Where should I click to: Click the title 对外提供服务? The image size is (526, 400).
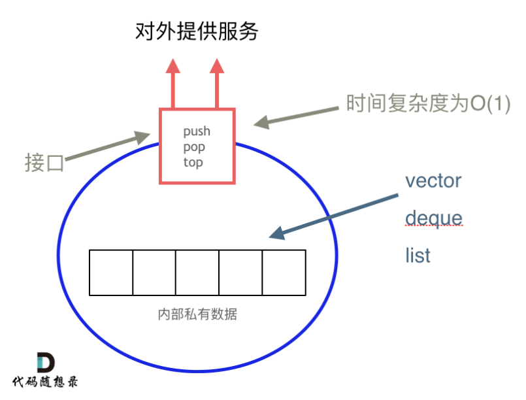click(x=197, y=31)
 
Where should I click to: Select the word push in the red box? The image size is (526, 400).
click(x=197, y=132)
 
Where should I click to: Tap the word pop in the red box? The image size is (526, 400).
click(x=194, y=147)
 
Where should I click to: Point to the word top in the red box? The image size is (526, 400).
click(x=193, y=162)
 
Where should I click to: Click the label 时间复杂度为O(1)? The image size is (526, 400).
click(x=427, y=104)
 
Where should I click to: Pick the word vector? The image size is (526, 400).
click(x=433, y=180)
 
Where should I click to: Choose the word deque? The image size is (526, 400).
click(x=433, y=218)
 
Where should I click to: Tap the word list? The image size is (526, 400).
click(x=418, y=255)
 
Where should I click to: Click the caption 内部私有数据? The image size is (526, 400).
click(x=197, y=314)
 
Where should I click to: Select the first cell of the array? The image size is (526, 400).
click(x=111, y=272)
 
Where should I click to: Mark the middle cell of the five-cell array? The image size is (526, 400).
click(x=197, y=272)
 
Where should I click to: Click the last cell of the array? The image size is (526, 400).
click(x=284, y=272)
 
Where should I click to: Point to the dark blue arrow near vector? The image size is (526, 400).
click(x=334, y=214)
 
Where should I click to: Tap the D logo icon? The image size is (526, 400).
click(x=45, y=363)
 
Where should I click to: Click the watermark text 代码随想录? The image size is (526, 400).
click(x=45, y=382)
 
